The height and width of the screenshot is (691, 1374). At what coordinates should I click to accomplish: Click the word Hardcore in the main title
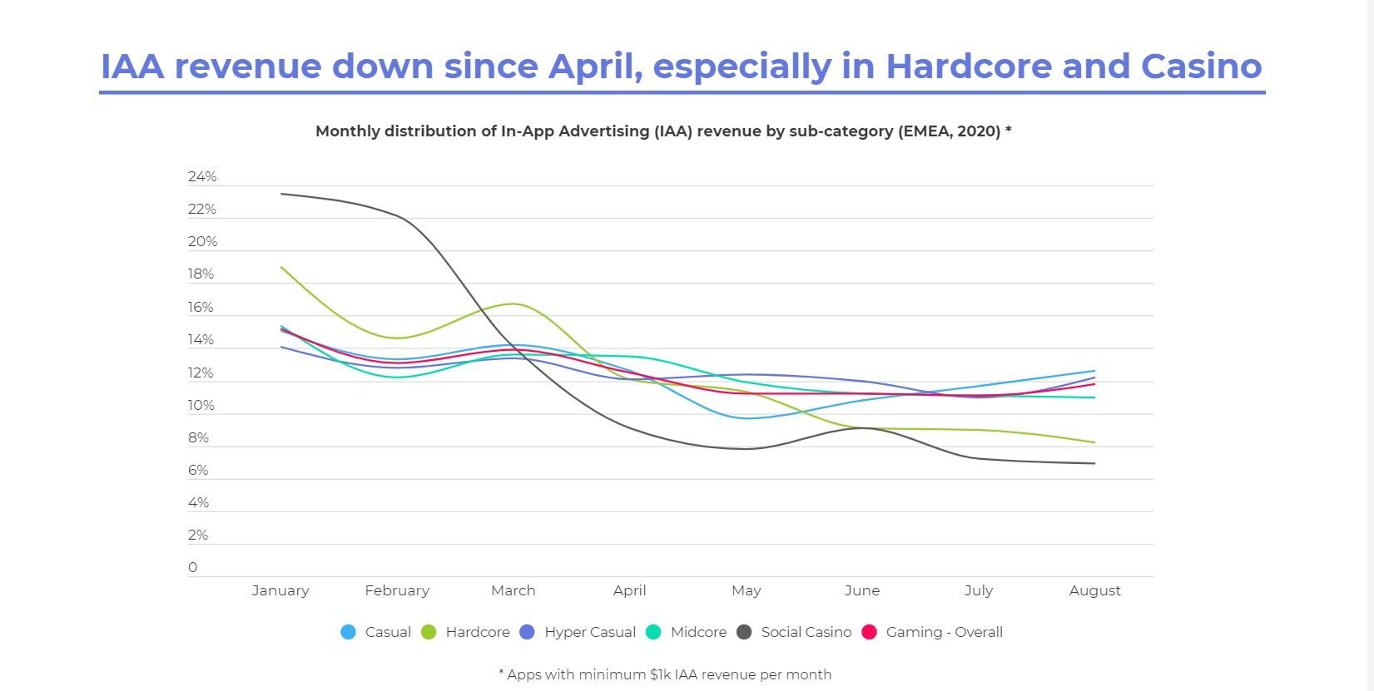point(970,67)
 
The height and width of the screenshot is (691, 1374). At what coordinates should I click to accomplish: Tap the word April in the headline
point(595,67)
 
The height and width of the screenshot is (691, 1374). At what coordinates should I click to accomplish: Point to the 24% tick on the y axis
point(202,176)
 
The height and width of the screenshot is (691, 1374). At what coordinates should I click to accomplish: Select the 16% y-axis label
point(201,307)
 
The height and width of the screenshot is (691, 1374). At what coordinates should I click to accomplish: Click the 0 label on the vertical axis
point(192,567)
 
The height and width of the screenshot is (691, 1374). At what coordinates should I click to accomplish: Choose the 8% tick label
point(198,437)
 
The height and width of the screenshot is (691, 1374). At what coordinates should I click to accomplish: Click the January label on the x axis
point(280,590)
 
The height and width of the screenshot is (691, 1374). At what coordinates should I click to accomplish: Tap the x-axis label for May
point(746,591)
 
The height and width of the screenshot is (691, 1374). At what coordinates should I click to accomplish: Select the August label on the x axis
point(1095,591)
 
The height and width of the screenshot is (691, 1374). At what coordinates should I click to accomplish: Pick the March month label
point(513,590)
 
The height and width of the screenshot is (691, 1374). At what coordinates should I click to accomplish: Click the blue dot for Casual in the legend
point(349,632)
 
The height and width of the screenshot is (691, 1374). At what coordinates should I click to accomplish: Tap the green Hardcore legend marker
point(429,632)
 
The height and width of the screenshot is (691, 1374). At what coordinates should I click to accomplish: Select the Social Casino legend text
point(806,632)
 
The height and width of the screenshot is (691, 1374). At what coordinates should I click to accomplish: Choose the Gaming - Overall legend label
point(945,632)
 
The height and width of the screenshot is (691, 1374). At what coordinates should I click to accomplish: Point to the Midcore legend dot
point(654,632)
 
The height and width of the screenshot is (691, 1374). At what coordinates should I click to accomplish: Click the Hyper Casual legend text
point(590,632)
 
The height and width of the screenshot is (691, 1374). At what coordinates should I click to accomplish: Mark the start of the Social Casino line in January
point(281,194)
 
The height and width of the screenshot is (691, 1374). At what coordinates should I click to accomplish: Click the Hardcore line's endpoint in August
point(1095,442)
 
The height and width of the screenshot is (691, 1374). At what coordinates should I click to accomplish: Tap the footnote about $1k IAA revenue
point(665,674)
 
